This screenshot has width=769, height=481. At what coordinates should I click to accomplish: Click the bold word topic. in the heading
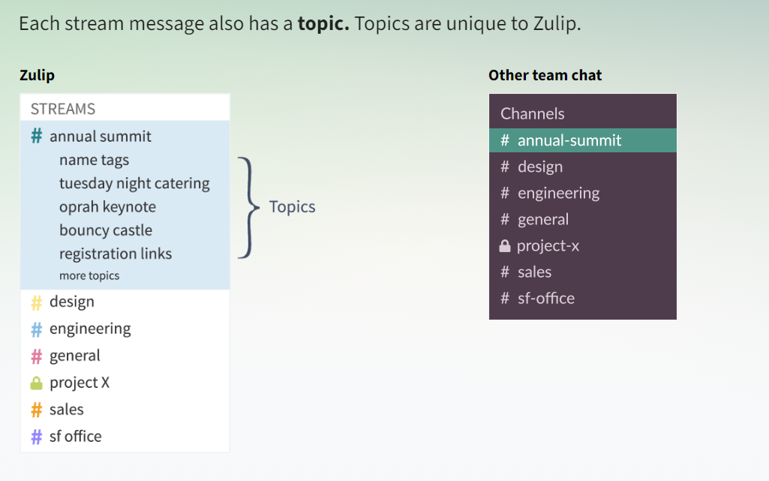tap(323, 23)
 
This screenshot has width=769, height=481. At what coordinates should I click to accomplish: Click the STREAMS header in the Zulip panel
tap(63, 109)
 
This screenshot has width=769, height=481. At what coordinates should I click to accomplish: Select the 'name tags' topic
tap(95, 160)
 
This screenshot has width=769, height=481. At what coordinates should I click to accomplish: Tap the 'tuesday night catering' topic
tap(134, 183)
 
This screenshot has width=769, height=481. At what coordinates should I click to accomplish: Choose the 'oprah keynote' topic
tap(107, 207)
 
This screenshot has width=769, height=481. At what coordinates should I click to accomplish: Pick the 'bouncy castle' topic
tap(106, 230)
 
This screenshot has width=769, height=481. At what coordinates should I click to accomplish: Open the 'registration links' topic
tap(116, 254)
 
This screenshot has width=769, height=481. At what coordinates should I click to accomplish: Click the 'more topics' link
tap(89, 275)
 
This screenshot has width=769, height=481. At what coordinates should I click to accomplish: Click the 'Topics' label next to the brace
tap(293, 207)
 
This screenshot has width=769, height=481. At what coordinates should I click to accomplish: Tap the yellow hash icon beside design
tap(36, 303)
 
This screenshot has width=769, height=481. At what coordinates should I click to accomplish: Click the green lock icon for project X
tap(36, 383)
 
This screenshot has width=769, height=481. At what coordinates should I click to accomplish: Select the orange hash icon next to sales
tap(36, 410)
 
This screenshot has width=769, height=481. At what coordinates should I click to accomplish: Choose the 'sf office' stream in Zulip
tap(76, 437)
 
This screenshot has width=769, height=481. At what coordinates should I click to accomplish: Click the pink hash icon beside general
tap(36, 356)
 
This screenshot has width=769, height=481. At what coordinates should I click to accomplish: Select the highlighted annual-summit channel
tap(583, 140)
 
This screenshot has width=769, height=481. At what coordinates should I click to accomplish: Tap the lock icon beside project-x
tap(505, 245)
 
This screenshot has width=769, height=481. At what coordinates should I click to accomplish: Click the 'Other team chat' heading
tap(545, 75)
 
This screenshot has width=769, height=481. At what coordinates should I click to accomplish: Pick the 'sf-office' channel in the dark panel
tap(546, 298)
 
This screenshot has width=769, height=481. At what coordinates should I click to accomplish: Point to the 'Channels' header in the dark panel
tap(532, 114)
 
